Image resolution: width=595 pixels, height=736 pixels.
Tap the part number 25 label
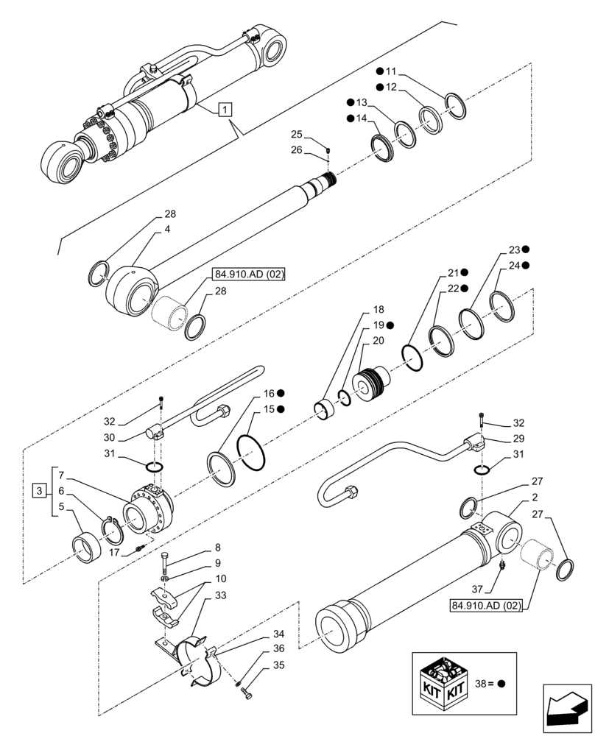tap(296, 135)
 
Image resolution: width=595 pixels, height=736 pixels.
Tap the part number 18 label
tap(378, 311)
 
